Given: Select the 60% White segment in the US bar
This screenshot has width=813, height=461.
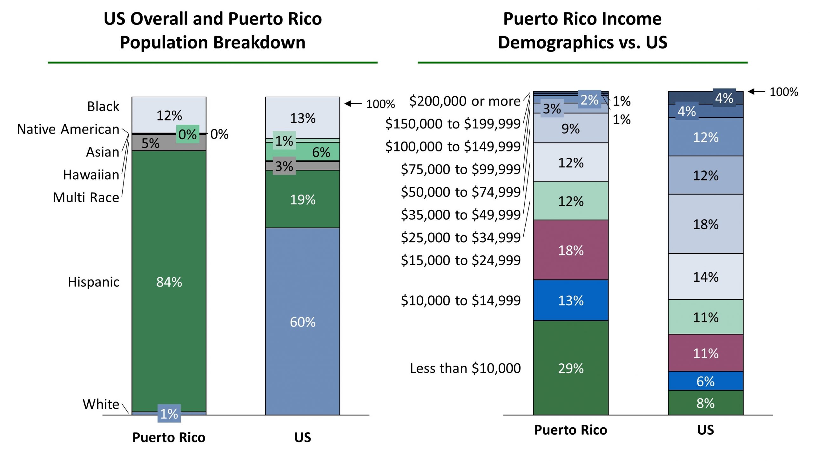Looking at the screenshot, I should coord(303,322).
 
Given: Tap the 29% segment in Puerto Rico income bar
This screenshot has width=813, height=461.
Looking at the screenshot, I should coord(571,368).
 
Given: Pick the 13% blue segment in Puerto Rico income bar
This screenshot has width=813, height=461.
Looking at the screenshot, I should coord(571,300).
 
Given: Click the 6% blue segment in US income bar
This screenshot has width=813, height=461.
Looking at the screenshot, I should coord(705,381).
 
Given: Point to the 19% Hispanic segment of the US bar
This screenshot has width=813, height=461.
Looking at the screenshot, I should coord(303,200).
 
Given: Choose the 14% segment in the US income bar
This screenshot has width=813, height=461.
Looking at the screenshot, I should coord(705,277).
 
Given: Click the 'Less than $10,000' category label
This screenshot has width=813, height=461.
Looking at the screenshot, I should coord(465,368).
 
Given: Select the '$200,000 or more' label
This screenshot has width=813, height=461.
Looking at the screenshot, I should coord(465,101).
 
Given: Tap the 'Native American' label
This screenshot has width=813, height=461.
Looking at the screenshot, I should coord(68,129).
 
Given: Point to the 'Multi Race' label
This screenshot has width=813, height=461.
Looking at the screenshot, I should coord(86,197).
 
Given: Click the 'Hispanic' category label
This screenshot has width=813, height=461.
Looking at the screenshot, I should coord(94,282).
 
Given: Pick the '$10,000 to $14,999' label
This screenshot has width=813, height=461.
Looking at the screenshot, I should coord(461,300).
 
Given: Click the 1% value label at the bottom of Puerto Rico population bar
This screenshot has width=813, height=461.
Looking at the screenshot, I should coord(169,414).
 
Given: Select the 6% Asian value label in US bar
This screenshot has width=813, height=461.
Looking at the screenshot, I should coord(321,152).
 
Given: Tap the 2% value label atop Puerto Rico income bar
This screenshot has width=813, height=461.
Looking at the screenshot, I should coord(589,100).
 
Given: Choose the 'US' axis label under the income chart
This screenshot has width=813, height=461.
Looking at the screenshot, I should coord(705,430).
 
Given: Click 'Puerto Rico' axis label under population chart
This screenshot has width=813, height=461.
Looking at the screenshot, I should coord(169,437).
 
